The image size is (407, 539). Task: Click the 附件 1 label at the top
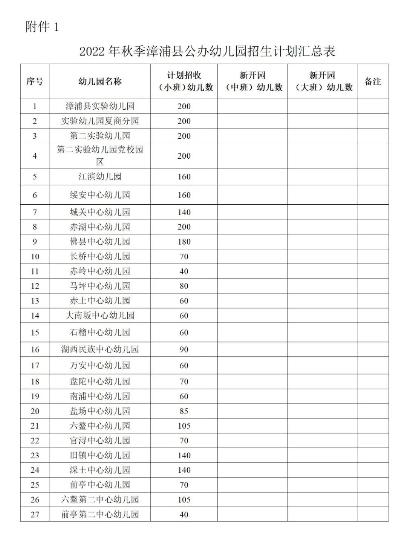(x=42, y=27)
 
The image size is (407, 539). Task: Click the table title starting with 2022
(x=207, y=51)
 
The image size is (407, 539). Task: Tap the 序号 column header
(x=35, y=81)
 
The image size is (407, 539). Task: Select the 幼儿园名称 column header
(x=100, y=81)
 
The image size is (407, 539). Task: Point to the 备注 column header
(x=372, y=81)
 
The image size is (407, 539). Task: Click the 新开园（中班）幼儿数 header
(x=252, y=81)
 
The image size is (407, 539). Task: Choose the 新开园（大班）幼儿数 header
(x=322, y=81)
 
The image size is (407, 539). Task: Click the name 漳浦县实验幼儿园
(x=100, y=106)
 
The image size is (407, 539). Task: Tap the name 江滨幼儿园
(x=100, y=176)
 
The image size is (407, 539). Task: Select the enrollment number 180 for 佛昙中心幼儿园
(x=184, y=242)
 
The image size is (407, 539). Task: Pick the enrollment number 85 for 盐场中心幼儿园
(x=184, y=411)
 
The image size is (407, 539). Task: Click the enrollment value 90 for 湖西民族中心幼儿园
(x=184, y=349)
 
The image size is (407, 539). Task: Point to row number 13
(x=35, y=301)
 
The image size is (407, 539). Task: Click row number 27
(x=35, y=514)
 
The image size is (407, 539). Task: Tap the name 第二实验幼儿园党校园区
(x=100, y=156)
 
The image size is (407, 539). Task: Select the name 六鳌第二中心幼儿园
(x=100, y=500)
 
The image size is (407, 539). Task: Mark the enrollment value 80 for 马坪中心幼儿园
(x=184, y=286)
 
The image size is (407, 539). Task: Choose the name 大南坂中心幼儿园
(x=100, y=315)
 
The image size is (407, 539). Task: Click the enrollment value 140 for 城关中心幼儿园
(x=184, y=212)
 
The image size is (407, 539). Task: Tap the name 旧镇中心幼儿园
(x=100, y=455)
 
